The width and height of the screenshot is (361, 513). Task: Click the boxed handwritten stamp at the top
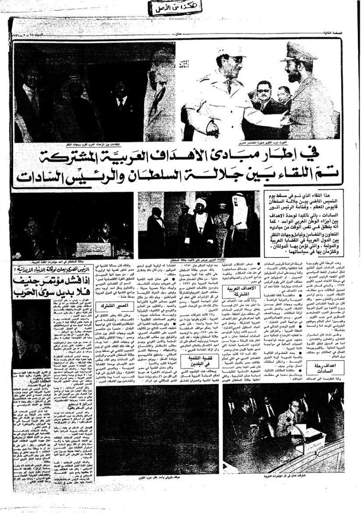176,8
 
